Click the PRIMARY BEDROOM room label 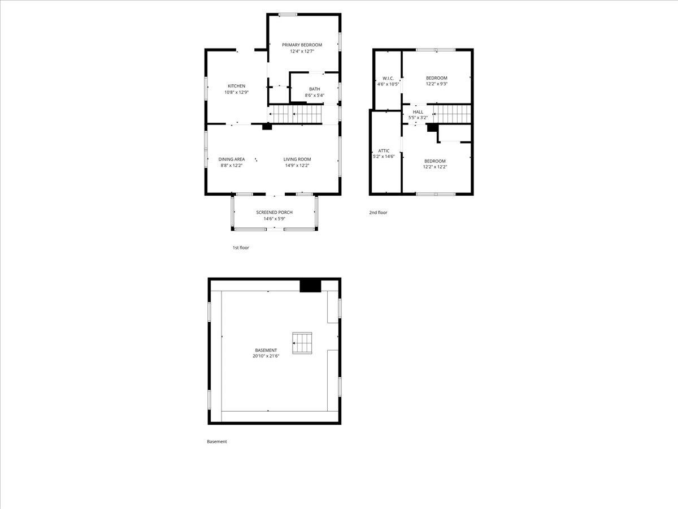pyautogui.click(x=302, y=45)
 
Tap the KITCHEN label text pyautogui.click(x=236, y=86)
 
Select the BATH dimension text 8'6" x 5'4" pyautogui.click(x=315, y=95)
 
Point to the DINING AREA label pyautogui.click(x=231, y=159)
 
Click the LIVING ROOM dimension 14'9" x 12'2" pyautogui.click(x=297, y=165)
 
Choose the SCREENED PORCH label pyautogui.click(x=274, y=212)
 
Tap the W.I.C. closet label pyautogui.click(x=388, y=78)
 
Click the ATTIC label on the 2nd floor pyautogui.click(x=384, y=151)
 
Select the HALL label pyautogui.click(x=418, y=112)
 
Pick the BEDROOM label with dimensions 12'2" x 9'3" pyautogui.click(x=436, y=78)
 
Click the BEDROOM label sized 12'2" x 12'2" pyautogui.click(x=435, y=161)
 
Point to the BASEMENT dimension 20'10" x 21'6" pyautogui.click(x=266, y=356)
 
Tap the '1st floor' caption pyautogui.click(x=241, y=248)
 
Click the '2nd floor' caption pyautogui.click(x=378, y=212)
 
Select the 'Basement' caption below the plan pyautogui.click(x=217, y=442)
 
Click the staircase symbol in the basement pyautogui.click(x=302, y=343)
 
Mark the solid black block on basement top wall pyautogui.click(x=310, y=286)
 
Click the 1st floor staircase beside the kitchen pyautogui.click(x=295, y=114)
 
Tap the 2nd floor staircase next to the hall pyautogui.click(x=452, y=114)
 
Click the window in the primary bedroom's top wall pyautogui.click(x=288, y=15)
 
